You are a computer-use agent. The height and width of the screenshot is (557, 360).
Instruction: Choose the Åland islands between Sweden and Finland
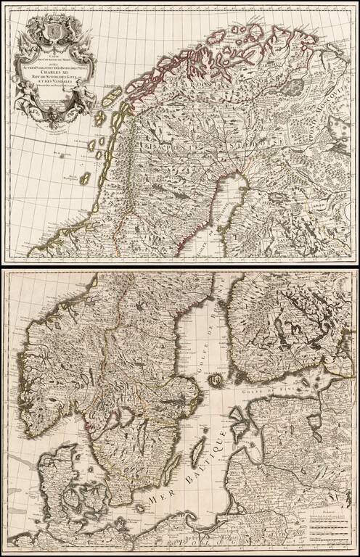click(215, 379)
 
